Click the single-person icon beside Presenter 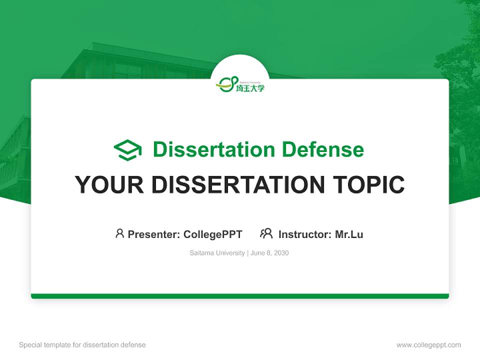tap(119, 233)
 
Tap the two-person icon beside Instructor tap(266, 233)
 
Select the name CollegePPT tap(212, 234)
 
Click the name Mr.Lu tap(349, 234)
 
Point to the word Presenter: tap(154, 234)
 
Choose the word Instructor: tap(305, 234)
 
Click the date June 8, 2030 tap(269, 253)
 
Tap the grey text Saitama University tap(217, 253)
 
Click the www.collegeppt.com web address tap(428, 345)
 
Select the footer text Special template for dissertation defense tap(82, 345)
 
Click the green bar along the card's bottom tap(240, 296)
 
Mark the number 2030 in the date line tap(281, 253)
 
